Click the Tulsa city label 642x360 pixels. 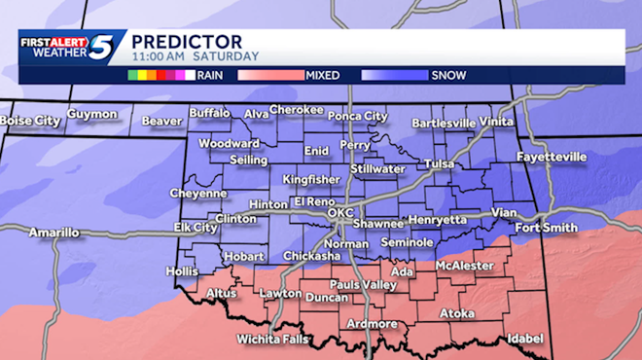click(440, 164)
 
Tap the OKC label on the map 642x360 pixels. click(339, 212)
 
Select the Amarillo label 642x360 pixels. click(53, 233)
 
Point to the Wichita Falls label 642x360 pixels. click(272, 340)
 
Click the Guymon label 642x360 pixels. click(92, 114)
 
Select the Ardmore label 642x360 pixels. click(371, 324)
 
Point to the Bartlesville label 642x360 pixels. click(444, 124)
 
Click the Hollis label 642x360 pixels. click(183, 270)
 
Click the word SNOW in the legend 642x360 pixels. click(448, 75)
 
